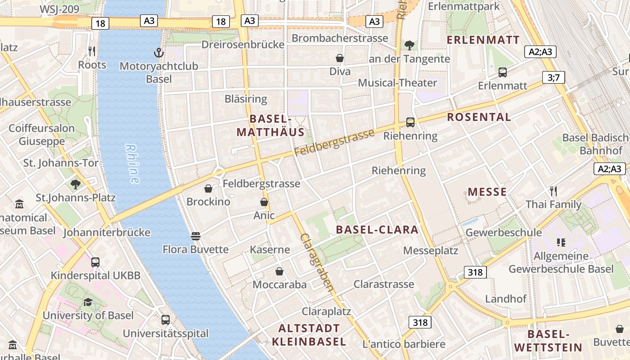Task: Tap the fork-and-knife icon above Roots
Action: [92, 51]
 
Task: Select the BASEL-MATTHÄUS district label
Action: [270, 126]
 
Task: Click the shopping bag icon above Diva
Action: [340, 58]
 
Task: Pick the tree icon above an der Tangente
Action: [409, 45]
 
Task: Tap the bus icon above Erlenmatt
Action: [503, 72]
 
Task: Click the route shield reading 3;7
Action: [553, 77]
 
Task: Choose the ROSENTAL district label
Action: [479, 117]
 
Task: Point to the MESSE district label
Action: [487, 192]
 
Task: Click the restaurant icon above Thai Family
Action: [553, 191]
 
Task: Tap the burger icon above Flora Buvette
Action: [195, 236]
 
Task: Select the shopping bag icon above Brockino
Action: [208, 188]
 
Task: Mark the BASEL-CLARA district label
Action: [377, 230]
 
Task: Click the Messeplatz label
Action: [431, 251]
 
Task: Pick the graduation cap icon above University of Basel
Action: [88, 302]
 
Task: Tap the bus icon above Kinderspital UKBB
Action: [95, 262]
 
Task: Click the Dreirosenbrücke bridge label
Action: [243, 45]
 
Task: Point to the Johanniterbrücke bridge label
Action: [107, 233]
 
